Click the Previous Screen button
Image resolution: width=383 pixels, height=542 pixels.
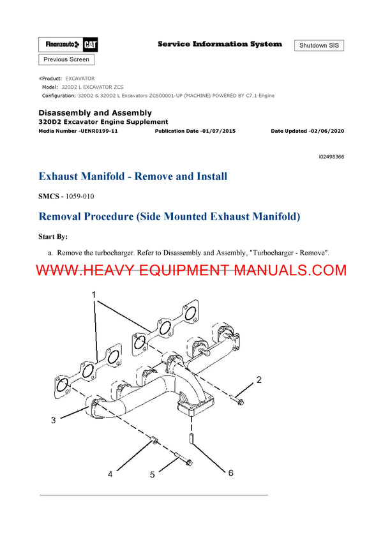[x=66, y=59]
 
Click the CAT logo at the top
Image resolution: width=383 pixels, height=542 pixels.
[x=89, y=44]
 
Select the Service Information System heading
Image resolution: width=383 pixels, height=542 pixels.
[x=220, y=44]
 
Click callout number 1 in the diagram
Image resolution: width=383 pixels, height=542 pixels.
[x=95, y=294]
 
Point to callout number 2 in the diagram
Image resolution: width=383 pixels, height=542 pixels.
[x=259, y=380]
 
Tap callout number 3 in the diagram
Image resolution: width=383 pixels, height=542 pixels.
[x=53, y=419]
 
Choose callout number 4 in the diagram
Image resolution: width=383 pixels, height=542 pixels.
[x=110, y=474]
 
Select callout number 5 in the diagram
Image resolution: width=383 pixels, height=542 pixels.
[x=152, y=474]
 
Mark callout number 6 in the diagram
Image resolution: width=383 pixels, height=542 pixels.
[x=230, y=472]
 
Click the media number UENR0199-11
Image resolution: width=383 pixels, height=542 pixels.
[x=96, y=131]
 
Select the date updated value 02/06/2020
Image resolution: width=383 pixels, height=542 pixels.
[x=325, y=131]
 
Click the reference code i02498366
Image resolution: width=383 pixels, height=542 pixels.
[x=331, y=156]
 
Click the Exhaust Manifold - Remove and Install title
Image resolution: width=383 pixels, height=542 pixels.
[x=133, y=176]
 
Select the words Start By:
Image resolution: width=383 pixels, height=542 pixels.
[x=53, y=236]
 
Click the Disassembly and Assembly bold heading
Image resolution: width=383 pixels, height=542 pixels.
[x=95, y=113]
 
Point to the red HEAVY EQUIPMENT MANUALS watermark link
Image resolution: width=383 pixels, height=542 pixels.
[x=191, y=271]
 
